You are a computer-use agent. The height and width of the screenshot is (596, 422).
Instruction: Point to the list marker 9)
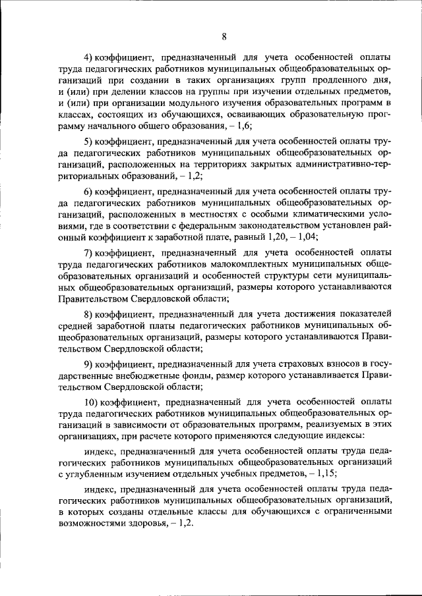[x=88, y=364]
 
